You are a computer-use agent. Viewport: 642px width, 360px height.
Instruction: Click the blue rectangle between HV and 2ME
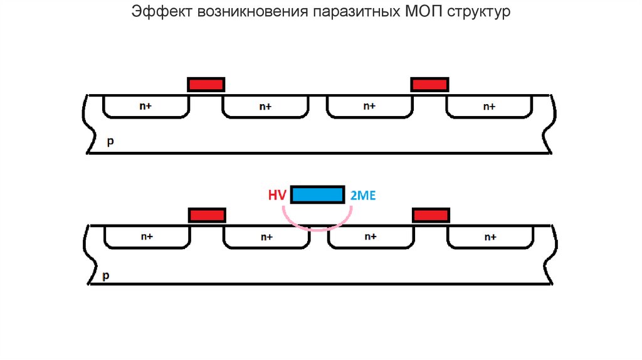[318, 194]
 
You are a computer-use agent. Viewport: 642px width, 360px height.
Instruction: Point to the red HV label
[277, 196]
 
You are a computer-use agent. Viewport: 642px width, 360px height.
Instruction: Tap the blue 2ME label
[362, 196]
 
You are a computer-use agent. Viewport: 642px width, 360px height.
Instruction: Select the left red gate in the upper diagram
[206, 85]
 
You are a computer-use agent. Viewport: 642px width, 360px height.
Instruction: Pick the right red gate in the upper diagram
[429, 85]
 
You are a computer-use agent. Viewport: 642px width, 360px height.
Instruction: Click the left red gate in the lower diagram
[207, 216]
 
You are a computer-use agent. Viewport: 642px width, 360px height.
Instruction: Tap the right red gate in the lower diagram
[431, 216]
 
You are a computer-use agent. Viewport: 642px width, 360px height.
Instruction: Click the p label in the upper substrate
[110, 142]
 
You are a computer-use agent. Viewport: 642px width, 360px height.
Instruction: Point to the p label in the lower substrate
[105, 275]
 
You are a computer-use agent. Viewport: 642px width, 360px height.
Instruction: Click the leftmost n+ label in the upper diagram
[146, 107]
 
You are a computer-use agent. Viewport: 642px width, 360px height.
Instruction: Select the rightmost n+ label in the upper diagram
[489, 107]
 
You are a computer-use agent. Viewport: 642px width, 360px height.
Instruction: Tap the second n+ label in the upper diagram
[266, 107]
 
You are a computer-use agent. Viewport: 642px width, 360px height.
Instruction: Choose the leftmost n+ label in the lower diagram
[147, 237]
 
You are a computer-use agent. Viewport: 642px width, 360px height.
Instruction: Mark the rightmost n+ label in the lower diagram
[490, 237]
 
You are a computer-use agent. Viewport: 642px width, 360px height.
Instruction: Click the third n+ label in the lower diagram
[370, 237]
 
